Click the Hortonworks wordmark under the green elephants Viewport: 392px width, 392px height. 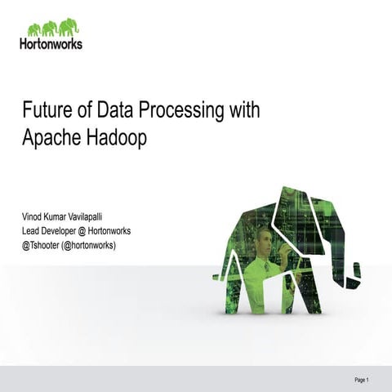coord(50,43)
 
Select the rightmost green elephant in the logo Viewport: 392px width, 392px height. coord(72,28)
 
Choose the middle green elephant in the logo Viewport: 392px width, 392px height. coord(50,28)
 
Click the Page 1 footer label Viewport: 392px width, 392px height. coord(362,381)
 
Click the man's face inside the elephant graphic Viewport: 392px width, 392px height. coord(263,238)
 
